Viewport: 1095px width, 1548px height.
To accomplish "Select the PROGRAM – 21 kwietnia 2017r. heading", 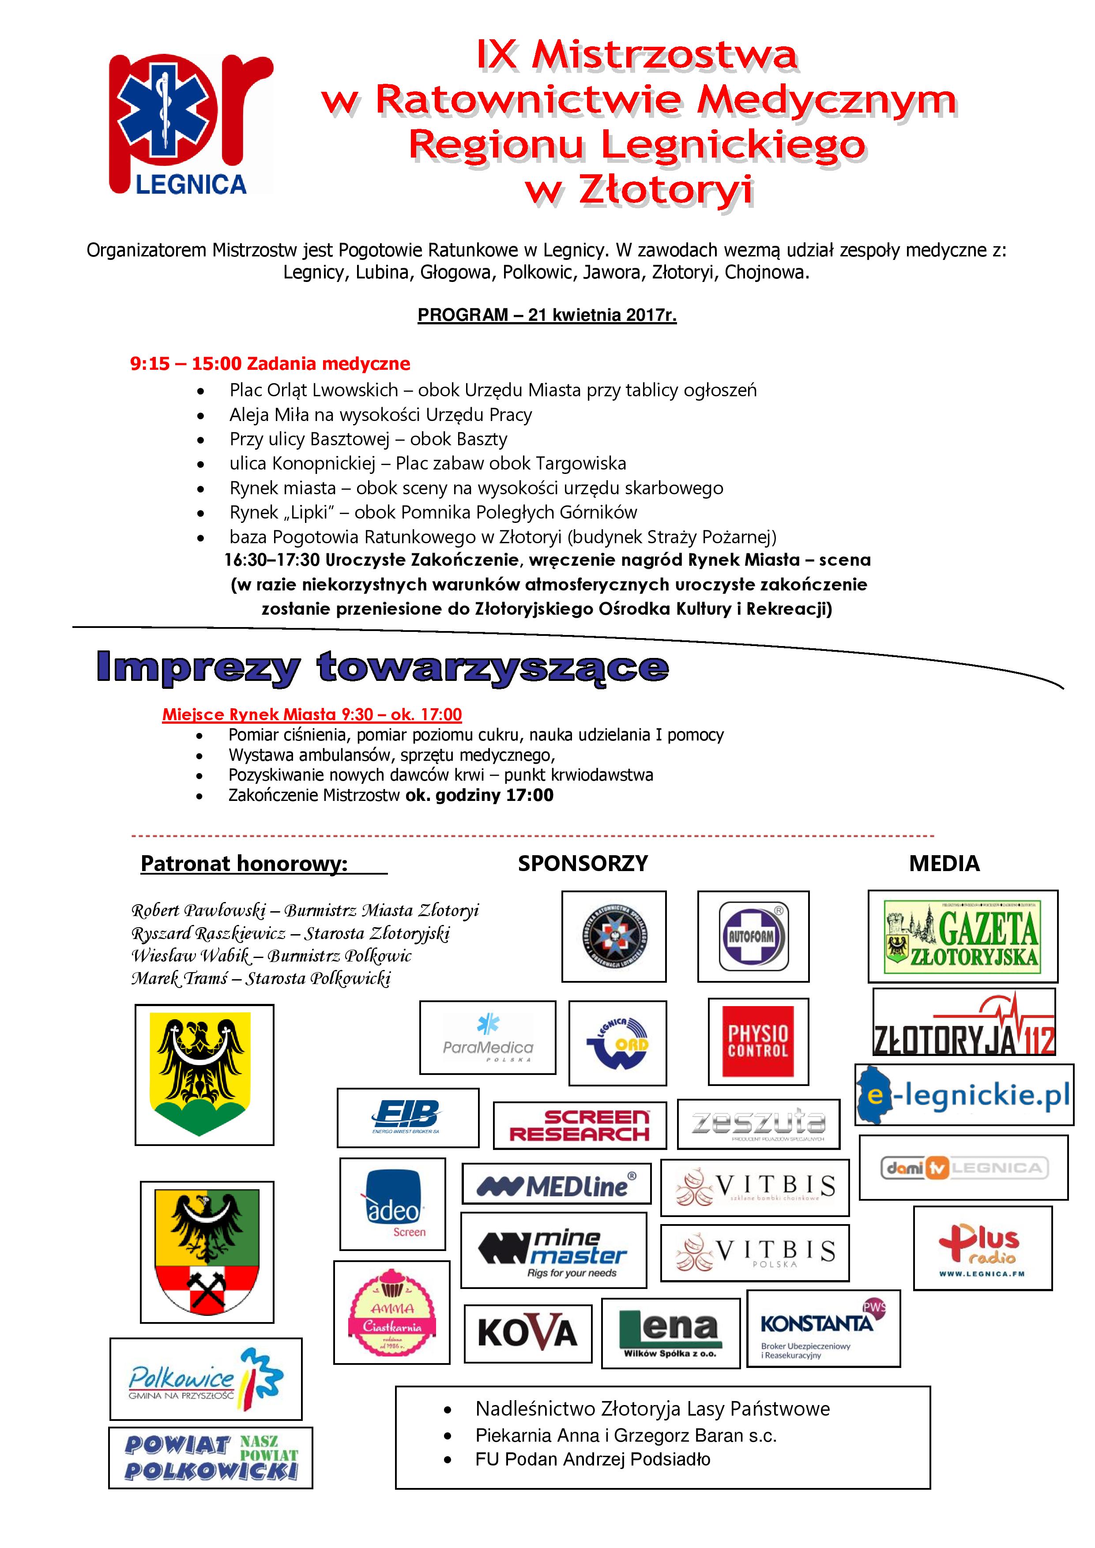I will click(x=547, y=315).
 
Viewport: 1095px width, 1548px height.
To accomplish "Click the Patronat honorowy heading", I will click(x=244, y=864).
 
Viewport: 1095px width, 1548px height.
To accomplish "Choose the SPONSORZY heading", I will click(x=583, y=864).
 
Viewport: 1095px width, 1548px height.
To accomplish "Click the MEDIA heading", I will click(x=944, y=864).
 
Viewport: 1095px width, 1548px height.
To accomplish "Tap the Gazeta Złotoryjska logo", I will click(x=962, y=936).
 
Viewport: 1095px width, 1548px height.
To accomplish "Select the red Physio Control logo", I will click(x=758, y=1041).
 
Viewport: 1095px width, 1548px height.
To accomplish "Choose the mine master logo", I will click(x=553, y=1251).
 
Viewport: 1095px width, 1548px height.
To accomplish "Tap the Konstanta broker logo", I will click(x=823, y=1329).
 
